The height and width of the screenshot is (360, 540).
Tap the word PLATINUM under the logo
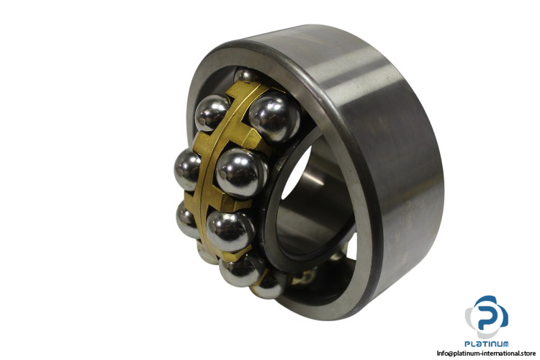[486, 343]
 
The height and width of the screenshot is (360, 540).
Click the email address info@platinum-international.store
[486, 353]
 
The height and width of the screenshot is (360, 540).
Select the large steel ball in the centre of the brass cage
[241, 173]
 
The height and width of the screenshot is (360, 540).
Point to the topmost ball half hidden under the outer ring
[246, 75]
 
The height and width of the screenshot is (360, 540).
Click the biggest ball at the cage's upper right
[274, 117]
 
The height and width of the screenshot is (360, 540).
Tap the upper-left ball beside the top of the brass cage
[212, 112]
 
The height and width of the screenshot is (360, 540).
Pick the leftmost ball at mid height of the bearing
[187, 169]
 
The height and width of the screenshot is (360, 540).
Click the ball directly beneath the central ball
[230, 231]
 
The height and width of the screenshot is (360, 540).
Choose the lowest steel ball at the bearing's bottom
[269, 284]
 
